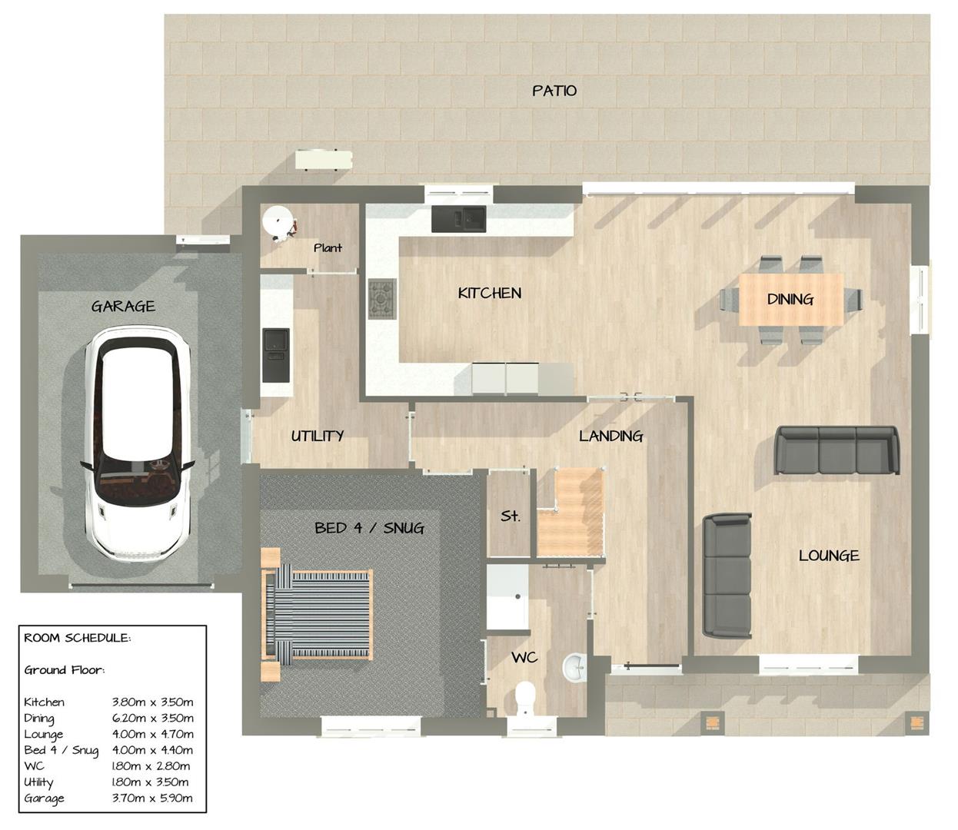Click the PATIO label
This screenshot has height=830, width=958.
554,91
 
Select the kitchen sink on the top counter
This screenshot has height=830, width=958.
459,219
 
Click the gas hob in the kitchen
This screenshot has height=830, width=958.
382,298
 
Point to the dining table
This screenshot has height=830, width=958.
791,299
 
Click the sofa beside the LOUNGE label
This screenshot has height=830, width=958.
727,576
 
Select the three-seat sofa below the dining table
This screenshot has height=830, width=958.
837,450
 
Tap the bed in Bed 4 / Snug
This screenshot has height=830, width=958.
317,614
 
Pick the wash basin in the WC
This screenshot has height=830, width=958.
574,667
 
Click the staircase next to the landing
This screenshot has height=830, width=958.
570,513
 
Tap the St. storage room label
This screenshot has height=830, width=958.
511,516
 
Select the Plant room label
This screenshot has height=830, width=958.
328,247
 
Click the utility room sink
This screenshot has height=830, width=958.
276,354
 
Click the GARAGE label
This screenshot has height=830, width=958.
123,306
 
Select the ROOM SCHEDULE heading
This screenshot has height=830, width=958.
77,638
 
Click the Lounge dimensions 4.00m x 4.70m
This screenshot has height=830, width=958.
152,734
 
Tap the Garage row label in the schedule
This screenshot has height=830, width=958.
44,798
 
